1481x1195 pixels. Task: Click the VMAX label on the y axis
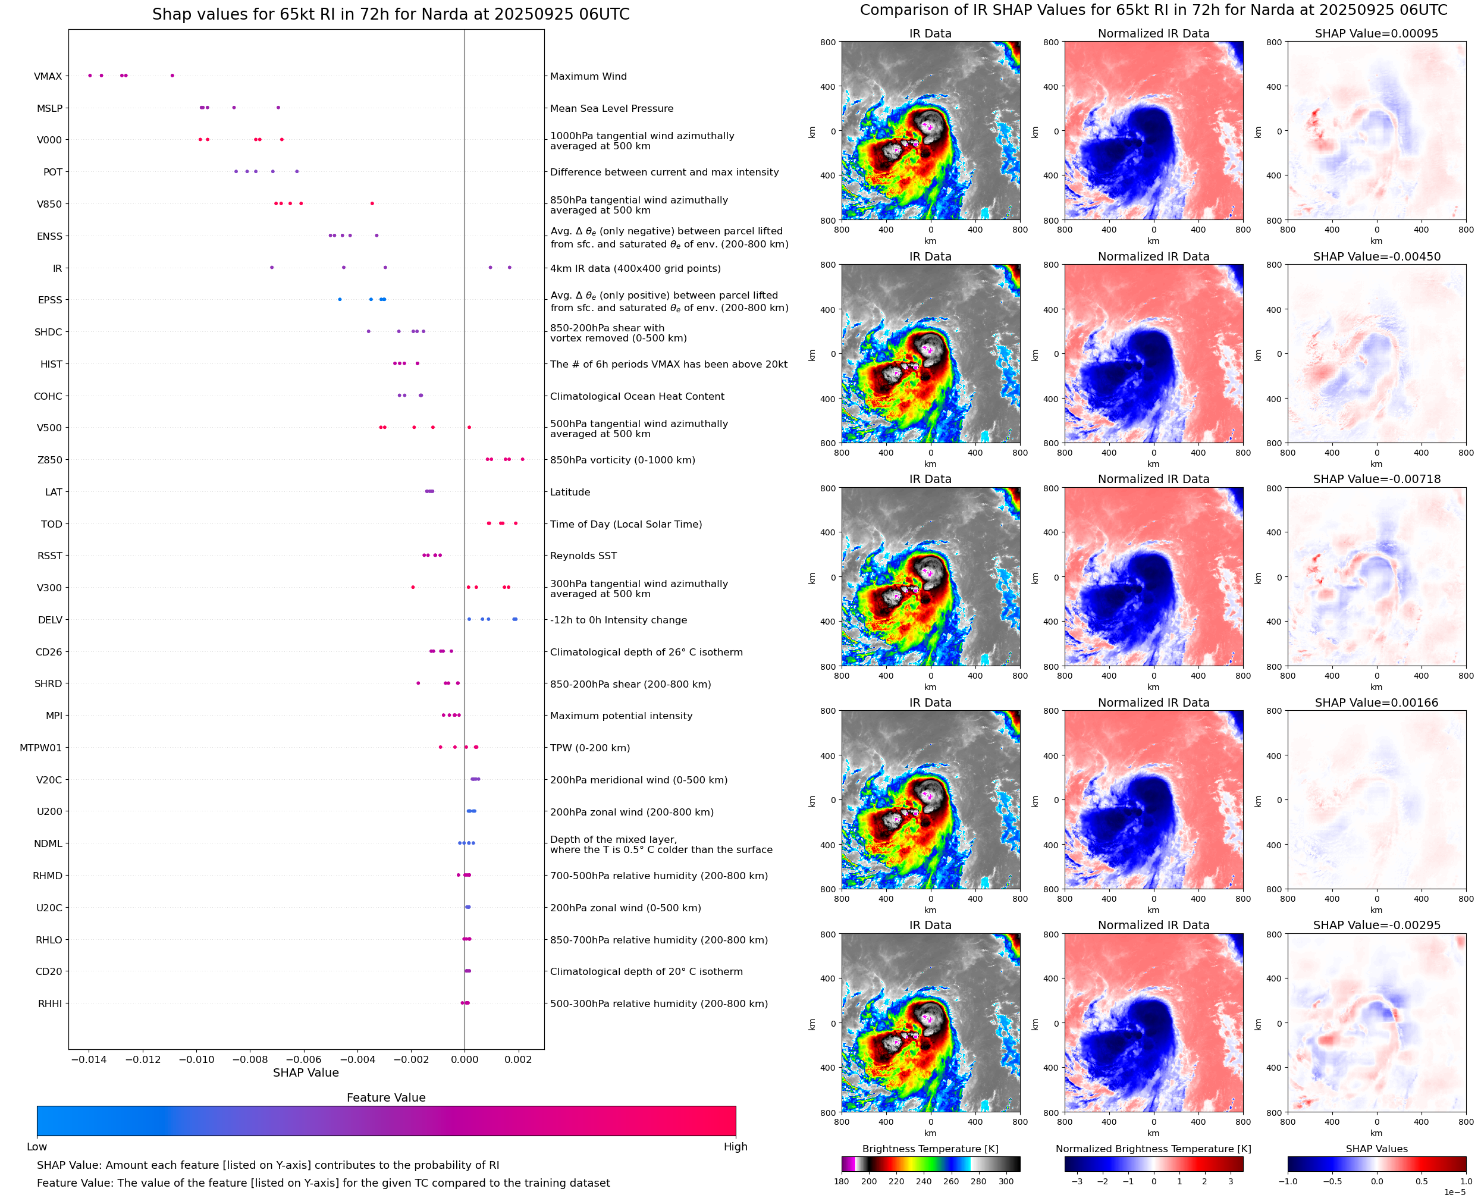(x=48, y=76)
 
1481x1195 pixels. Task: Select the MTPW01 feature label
(x=40, y=748)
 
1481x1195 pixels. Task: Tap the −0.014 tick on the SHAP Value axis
(x=89, y=1059)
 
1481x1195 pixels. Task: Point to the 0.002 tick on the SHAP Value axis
(x=517, y=1059)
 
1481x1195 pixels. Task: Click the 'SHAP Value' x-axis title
(x=306, y=1072)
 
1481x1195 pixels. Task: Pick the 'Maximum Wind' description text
(x=588, y=76)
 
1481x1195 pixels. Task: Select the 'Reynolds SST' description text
(x=583, y=556)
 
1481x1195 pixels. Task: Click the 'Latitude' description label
(x=570, y=492)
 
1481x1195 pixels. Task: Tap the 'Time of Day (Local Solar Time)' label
(x=626, y=524)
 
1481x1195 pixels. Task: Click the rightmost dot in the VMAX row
(x=172, y=76)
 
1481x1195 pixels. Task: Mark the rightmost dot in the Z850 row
(x=522, y=459)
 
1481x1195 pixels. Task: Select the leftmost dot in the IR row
(x=271, y=267)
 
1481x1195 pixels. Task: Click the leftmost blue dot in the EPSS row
(x=339, y=299)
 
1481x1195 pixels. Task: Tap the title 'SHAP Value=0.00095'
(x=1376, y=33)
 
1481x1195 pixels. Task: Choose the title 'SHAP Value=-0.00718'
(x=1376, y=479)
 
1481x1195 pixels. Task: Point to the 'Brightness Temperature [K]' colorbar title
(x=930, y=1149)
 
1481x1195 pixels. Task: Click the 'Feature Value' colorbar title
(x=385, y=1097)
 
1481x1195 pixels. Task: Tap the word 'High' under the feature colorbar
(x=735, y=1147)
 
